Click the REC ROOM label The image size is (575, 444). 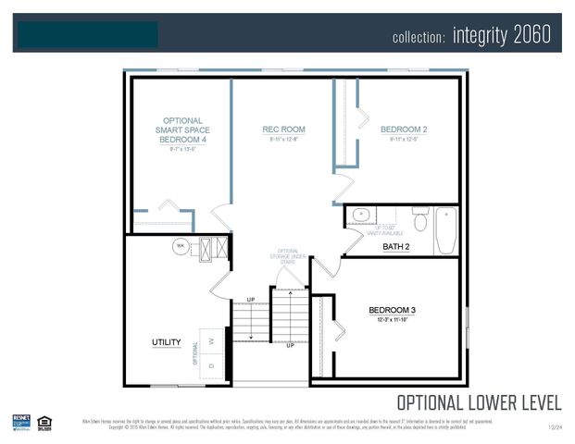[x=283, y=129]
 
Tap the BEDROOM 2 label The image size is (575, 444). [x=403, y=129]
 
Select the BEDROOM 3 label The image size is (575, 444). [x=392, y=310]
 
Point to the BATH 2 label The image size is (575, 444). [x=395, y=247]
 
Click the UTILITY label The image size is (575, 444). [x=166, y=343]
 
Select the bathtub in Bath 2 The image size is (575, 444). [x=445, y=229]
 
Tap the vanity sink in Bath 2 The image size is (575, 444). [x=360, y=216]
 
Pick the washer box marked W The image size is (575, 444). [x=212, y=341]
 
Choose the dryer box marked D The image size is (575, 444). [x=212, y=365]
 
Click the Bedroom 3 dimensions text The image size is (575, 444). [x=392, y=321]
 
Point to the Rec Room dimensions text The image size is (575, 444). [x=283, y=141]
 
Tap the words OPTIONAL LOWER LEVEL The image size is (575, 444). [x=478, y=402]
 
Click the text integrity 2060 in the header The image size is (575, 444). [x=502, y=35]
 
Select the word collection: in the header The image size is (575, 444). [x=419, y=37]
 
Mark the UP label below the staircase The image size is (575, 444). [x=290, y=346]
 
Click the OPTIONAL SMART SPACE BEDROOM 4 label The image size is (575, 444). [x=182, y=129]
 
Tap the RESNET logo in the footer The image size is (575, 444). [x=21, y=422]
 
